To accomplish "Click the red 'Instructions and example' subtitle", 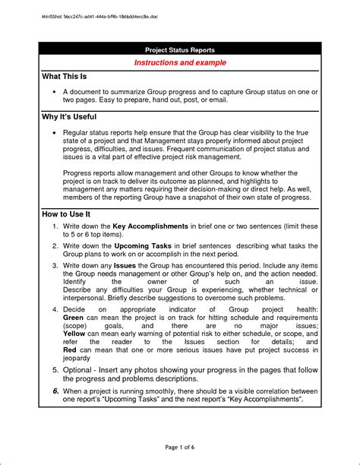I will point(181,62).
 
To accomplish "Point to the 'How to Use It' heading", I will point(68,214).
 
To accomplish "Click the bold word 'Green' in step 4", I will point(74,320).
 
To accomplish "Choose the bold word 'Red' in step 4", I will point(71,353).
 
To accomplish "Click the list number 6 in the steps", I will point(55,390).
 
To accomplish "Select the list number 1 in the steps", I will point(55,227).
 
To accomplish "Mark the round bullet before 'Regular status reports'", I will point(55,131).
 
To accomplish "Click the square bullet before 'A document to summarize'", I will point(55,90).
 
